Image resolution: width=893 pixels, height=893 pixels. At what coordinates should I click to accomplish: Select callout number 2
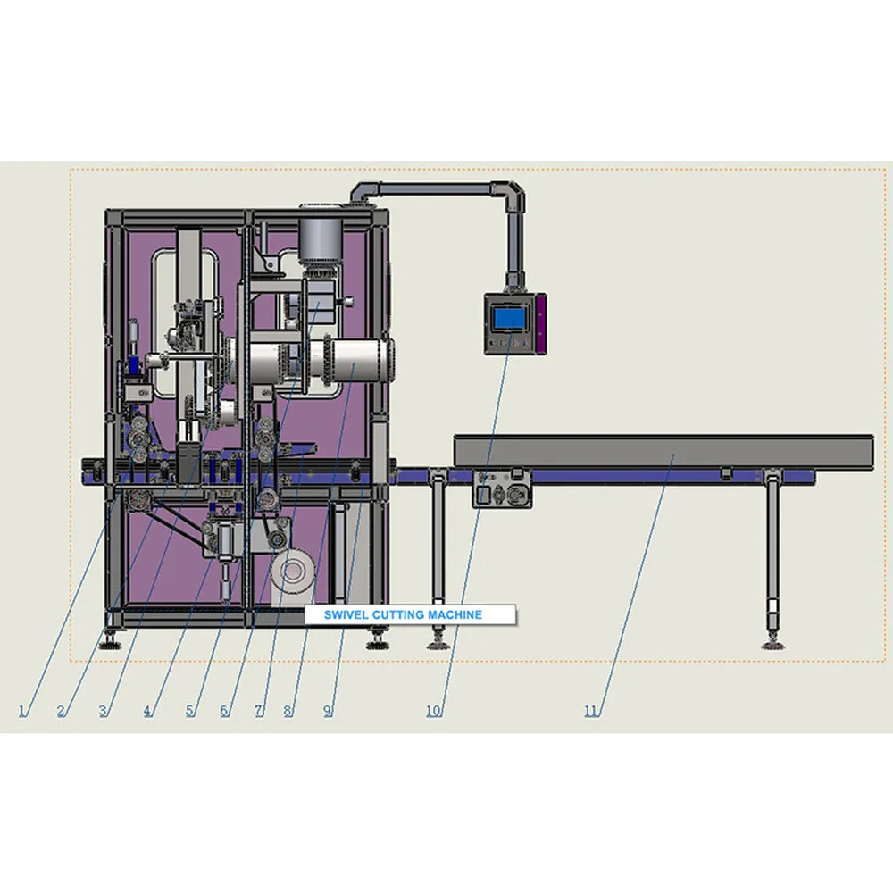[62, 711]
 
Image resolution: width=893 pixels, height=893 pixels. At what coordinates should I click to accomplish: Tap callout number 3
[104, 711]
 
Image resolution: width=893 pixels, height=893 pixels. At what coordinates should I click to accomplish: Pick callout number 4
[148, 711]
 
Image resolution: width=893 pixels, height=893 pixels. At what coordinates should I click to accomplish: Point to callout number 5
[190, 711]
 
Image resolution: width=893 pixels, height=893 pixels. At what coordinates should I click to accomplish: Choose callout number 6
[225, 711]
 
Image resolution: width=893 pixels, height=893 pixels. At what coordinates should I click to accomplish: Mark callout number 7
[259, 711]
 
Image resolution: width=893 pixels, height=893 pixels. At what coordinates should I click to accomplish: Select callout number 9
[328, 711]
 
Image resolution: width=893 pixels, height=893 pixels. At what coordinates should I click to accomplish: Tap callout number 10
[434, 711]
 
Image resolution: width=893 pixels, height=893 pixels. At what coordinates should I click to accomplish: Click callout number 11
[591, 711]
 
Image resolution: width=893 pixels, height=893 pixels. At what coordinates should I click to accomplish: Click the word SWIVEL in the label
[340, 614]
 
